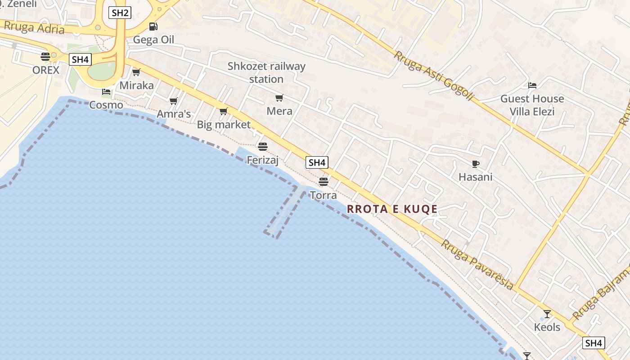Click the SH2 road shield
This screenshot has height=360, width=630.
(x=120, y=13)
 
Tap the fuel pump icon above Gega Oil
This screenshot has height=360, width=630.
(x=153, y=27)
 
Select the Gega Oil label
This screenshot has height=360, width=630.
(x=153, y=40)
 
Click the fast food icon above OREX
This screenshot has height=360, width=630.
(x=45, y=57)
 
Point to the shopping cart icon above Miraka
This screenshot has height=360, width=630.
(x=136, y=72)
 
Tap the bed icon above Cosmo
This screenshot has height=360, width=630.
(x=106, y=92)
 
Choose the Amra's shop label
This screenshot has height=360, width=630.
(x=174, y=114)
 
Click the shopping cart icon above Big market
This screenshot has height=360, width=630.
(x=224, y=111)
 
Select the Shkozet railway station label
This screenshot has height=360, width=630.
(x=266, y=72)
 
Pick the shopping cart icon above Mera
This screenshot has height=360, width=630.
(x=279, y=98)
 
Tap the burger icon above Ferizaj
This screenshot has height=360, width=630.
(x=263, y=146)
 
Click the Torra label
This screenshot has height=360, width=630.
(x=323, y=195)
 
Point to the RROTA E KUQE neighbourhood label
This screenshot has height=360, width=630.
(x=392, y=209)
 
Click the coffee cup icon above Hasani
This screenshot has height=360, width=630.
(x=476, y=164)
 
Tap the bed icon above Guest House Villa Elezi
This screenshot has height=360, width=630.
(x=532, y=85)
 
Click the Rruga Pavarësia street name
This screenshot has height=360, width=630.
(x=477, y=265)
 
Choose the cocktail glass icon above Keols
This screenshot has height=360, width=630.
(x=547, y=314)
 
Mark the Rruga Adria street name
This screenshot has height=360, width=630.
(x=34, y=27)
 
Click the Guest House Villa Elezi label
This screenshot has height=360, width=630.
(x=532, y=105)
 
